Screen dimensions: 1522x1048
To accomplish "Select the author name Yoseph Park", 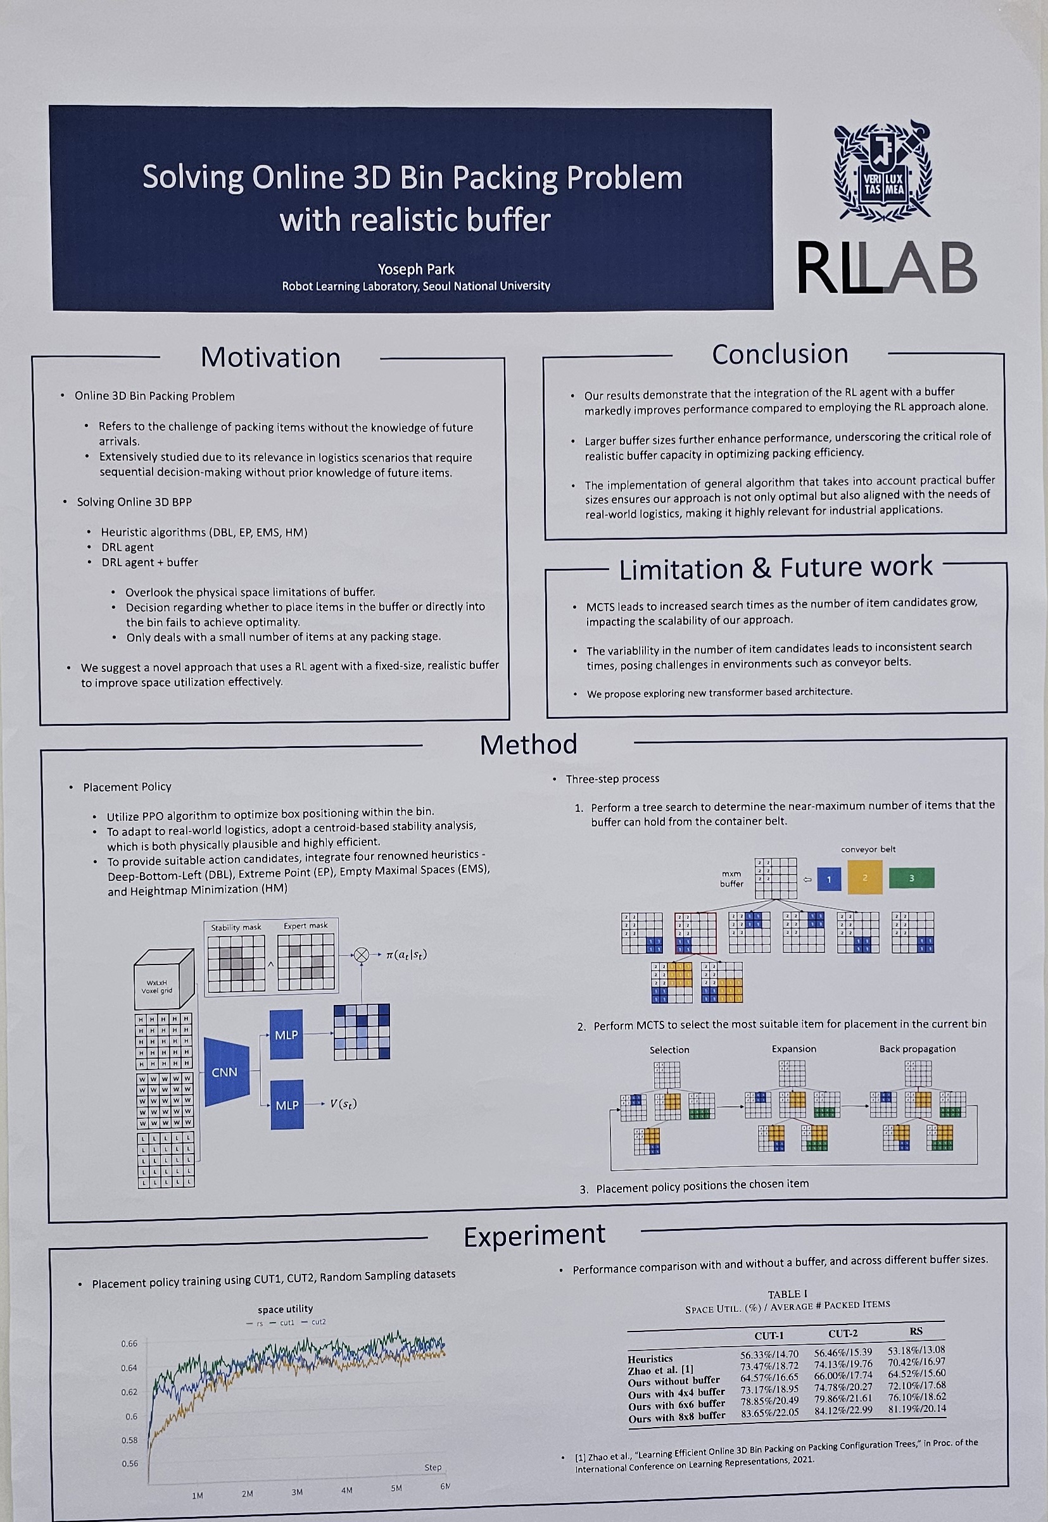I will click(415, 269).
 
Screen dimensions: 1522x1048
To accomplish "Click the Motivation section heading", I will click(270, 358).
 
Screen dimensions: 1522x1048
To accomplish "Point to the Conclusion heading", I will click(780, 354).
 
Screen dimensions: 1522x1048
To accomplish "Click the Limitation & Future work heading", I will click(776, 568).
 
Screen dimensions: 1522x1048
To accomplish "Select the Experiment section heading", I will click(534, 1236).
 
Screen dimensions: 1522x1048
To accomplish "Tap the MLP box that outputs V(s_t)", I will click(287, 1105).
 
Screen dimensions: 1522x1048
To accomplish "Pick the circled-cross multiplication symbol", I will click(361, 955).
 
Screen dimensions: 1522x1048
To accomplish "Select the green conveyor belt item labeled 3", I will click(911, 878).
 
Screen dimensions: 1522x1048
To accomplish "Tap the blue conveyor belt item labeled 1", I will click(829, 880).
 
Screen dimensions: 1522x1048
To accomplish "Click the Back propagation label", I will click(917, 1049).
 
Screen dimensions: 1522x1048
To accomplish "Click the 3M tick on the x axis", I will click(297, 1492).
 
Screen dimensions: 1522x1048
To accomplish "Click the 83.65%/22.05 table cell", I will click(769, 1413).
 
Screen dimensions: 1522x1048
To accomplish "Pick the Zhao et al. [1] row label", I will click(660, 1369).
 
